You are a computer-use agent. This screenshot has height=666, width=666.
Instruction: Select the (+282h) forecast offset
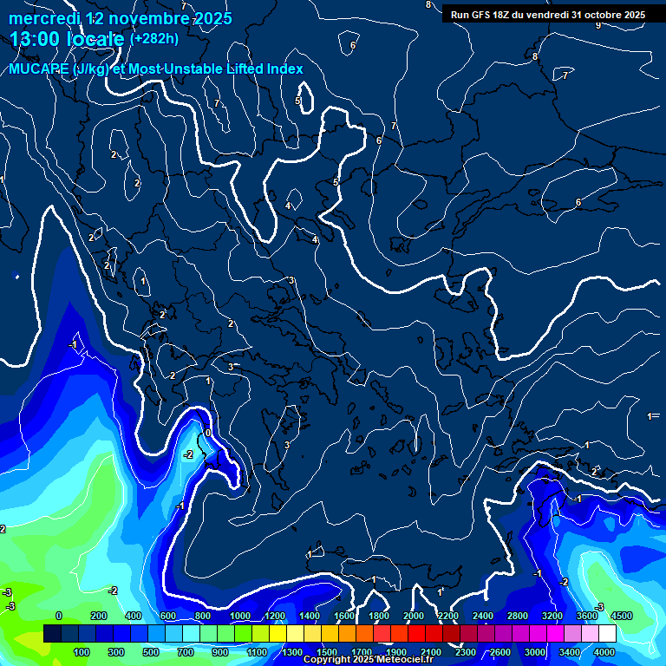pyautogui.click(x=153, y=38)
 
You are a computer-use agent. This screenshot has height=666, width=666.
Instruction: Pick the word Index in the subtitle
pyautogui.click(x=282, y=69)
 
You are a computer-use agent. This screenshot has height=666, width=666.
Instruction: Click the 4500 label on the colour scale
pyautogui.click(x=621, y=616)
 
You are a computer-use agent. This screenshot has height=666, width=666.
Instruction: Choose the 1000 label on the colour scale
pyautogui.click(x=240, y=616)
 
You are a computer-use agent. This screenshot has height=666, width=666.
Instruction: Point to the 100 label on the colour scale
pyautogui.click(x=82, y=652)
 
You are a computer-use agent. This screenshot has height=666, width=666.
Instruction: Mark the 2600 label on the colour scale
pyautogui.click(x=500, y=652)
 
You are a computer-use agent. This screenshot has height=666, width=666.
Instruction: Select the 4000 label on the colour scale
pyautogui.click(x=604, y=652)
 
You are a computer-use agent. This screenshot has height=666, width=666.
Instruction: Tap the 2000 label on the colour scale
pyautogui.click(x=414, y=616)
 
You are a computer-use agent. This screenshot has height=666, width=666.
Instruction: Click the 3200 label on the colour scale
pyautogui.click(x=552, y=616)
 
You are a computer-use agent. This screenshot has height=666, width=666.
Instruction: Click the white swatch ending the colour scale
pyautogui.click(x=607, y=634)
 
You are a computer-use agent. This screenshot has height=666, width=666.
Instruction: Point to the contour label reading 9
pyautogui.click(x=597, y=25)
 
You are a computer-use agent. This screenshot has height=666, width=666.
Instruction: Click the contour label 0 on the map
pyautogui.click(x=208, y=433)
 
